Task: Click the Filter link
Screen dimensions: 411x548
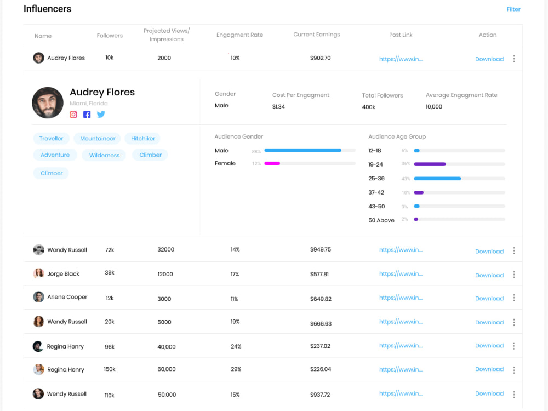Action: pos(513,9)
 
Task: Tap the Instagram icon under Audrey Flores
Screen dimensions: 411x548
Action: pos(73,115)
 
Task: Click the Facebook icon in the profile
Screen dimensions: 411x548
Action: pos(87,115)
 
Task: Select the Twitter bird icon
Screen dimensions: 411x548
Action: pos(101,115)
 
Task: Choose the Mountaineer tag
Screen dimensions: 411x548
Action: pos(98,139)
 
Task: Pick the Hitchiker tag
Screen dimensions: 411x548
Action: pos(143,139)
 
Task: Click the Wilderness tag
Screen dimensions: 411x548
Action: pos(104,155)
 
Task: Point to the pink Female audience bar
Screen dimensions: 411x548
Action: pos(272,163)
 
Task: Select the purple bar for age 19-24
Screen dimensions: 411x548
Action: pos(430,164)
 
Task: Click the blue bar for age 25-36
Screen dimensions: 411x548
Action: pos(437,178)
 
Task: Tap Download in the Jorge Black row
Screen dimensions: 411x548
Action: pos(489,275)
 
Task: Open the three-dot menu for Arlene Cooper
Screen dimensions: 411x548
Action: pos(513,298)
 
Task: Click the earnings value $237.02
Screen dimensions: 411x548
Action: pos(320,346)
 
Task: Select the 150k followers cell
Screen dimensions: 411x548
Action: pos(110,369)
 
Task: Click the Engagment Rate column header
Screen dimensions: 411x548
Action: pos(239,35)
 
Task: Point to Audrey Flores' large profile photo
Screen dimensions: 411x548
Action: pos(48,102)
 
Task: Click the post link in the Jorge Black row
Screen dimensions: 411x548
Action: pos(401,274)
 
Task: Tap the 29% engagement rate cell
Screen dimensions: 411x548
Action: pos(236,369)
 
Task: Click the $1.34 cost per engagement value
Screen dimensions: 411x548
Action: pos(278,106)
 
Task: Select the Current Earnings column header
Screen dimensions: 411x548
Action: pos(316,35)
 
